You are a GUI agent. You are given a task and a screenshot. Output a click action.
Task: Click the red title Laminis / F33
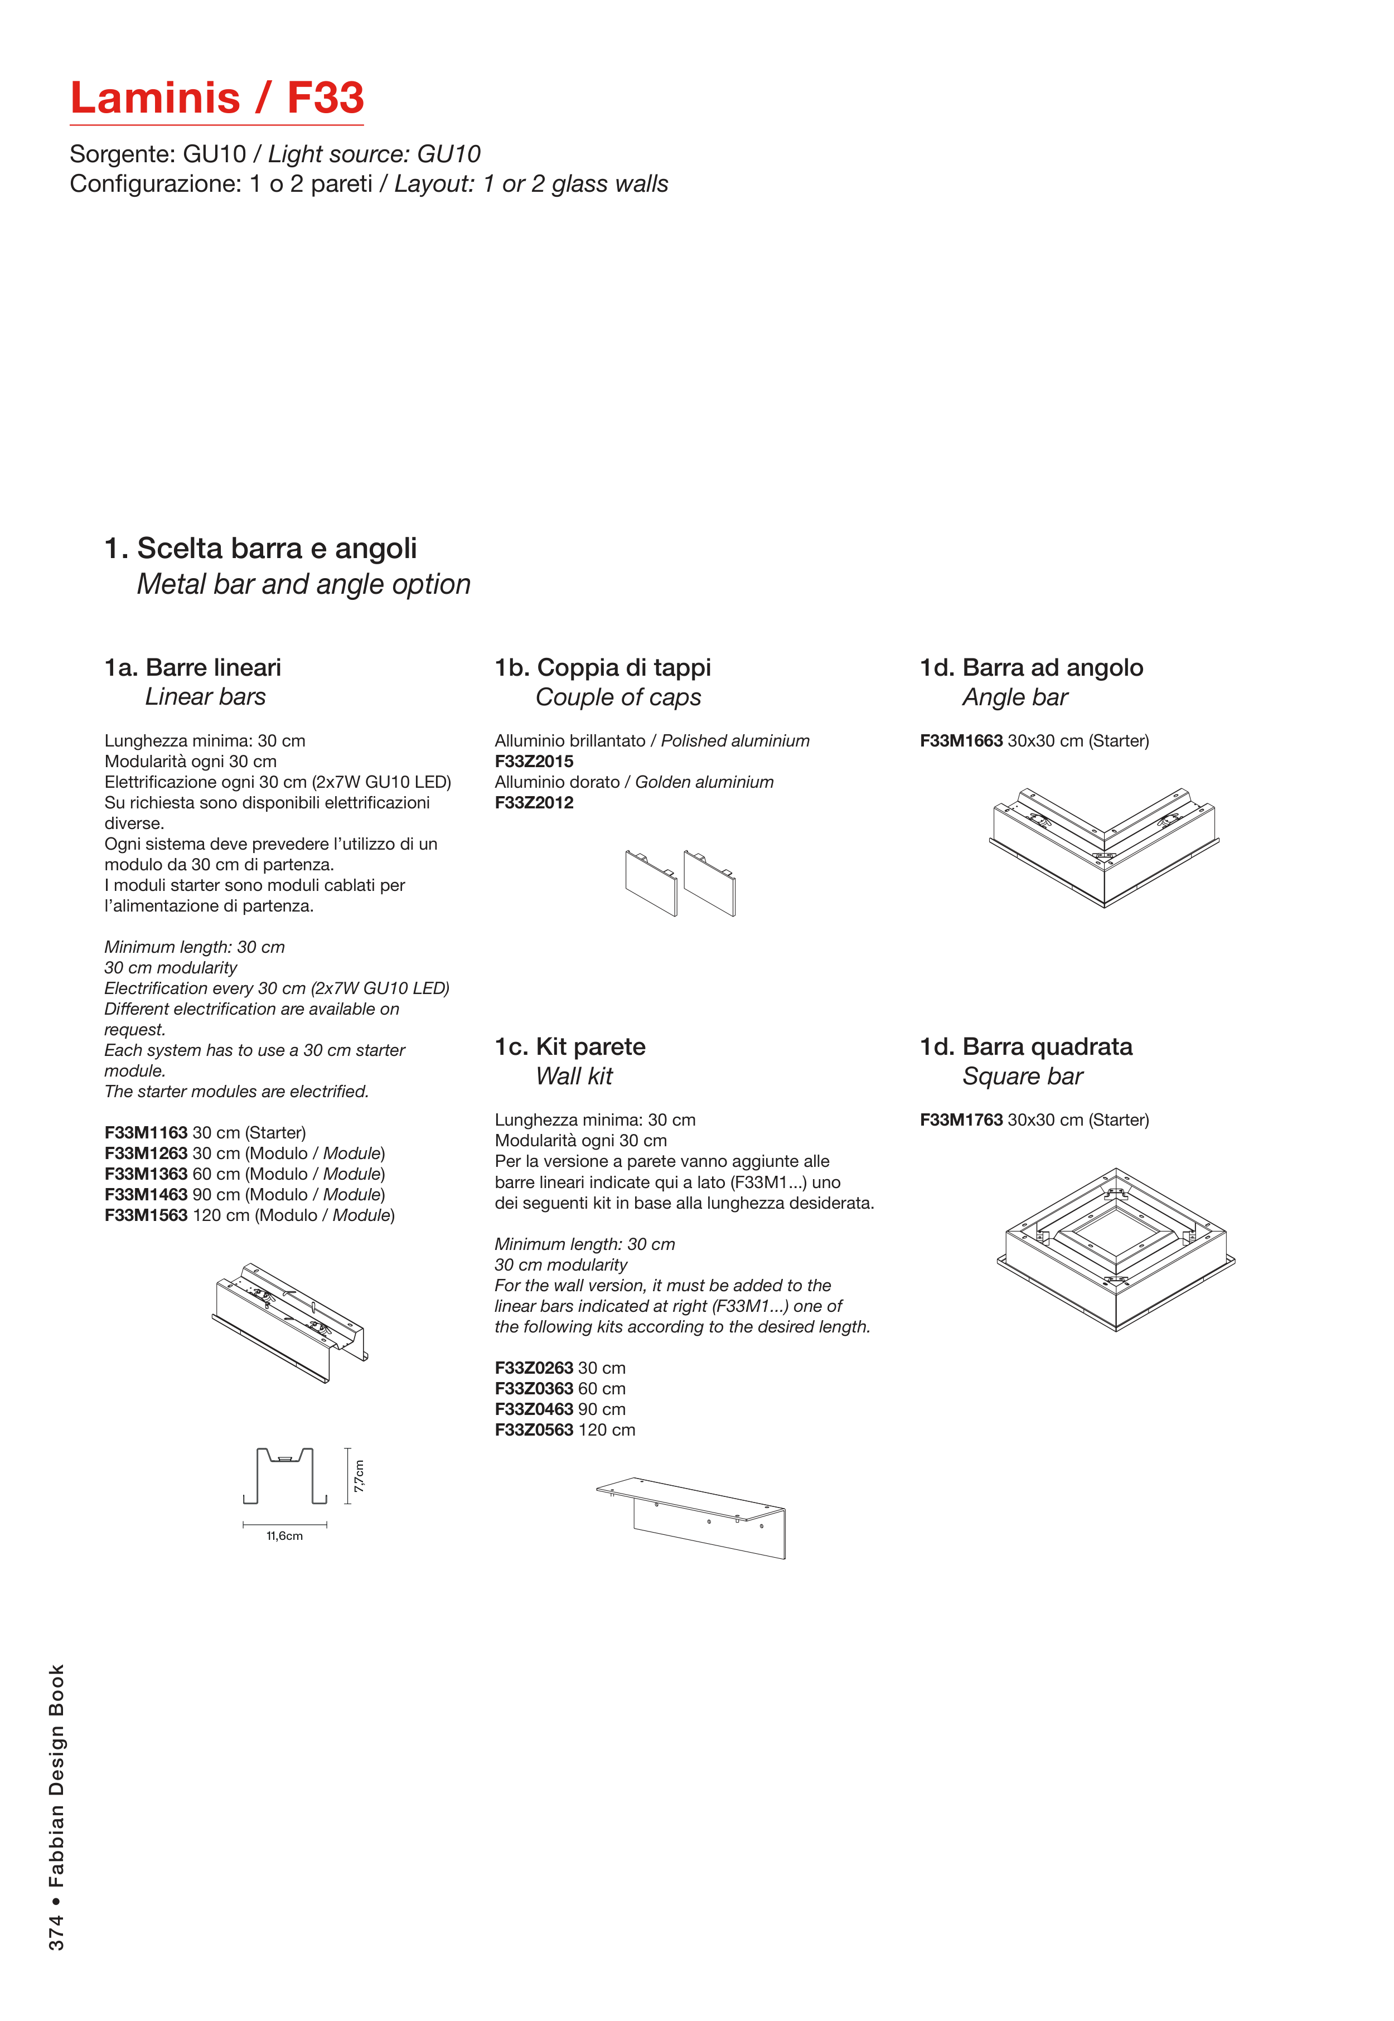tap(216, 98)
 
